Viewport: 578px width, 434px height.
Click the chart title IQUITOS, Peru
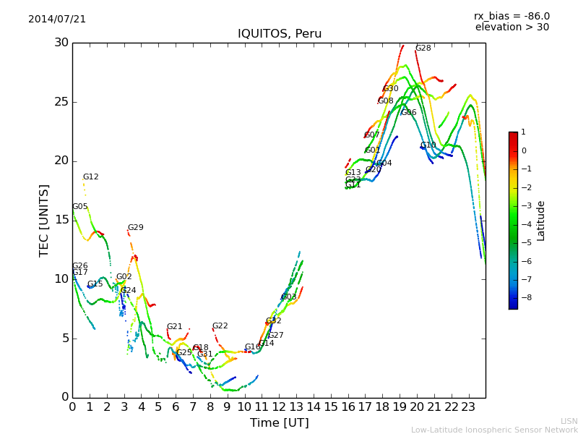pyautogui.click(x=280, y=34)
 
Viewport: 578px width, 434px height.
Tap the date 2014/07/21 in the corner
pyautogui.click(x=57, y=19)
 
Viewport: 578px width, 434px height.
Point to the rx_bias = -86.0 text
pyautogui.click(x=512, y=16)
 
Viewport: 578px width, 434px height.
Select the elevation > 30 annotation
pyautogui.click(x=512, y=27)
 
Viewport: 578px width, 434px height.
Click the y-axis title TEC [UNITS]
pyautogui.click(x=44, y=220)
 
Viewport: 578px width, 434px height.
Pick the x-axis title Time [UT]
pyautogui.click(x=279, y=422)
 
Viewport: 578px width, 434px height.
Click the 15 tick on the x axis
pyautogui.click(x=331, y=407)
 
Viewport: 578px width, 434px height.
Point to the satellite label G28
pyautogui.click(x=423, y=48)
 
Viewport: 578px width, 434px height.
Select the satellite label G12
pyautogui.click(x=90, y=177)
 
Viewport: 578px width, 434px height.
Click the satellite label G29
pyautogui.click(x=135, y=228)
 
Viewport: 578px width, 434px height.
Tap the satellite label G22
pyautogui.click(x=220, y=326)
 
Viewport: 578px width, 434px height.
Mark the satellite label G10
pyautogui.click(x=428, y=145)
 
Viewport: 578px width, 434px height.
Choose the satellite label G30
pyautogui.click(x=391, y=89)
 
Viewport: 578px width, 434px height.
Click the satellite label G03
pyautogui.click(x=289, y=297)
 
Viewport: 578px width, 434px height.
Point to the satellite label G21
pyautogui.click(x=174, y=327)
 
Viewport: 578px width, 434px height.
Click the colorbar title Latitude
pyautogui.click(x=541, y=221)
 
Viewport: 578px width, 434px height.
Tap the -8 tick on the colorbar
pyautogui.click(x=524, y=297)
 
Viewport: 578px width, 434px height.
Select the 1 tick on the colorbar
pyautogui.click(x=523, y=132)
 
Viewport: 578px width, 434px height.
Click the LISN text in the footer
pyautogui.click(x=569, y=421)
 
